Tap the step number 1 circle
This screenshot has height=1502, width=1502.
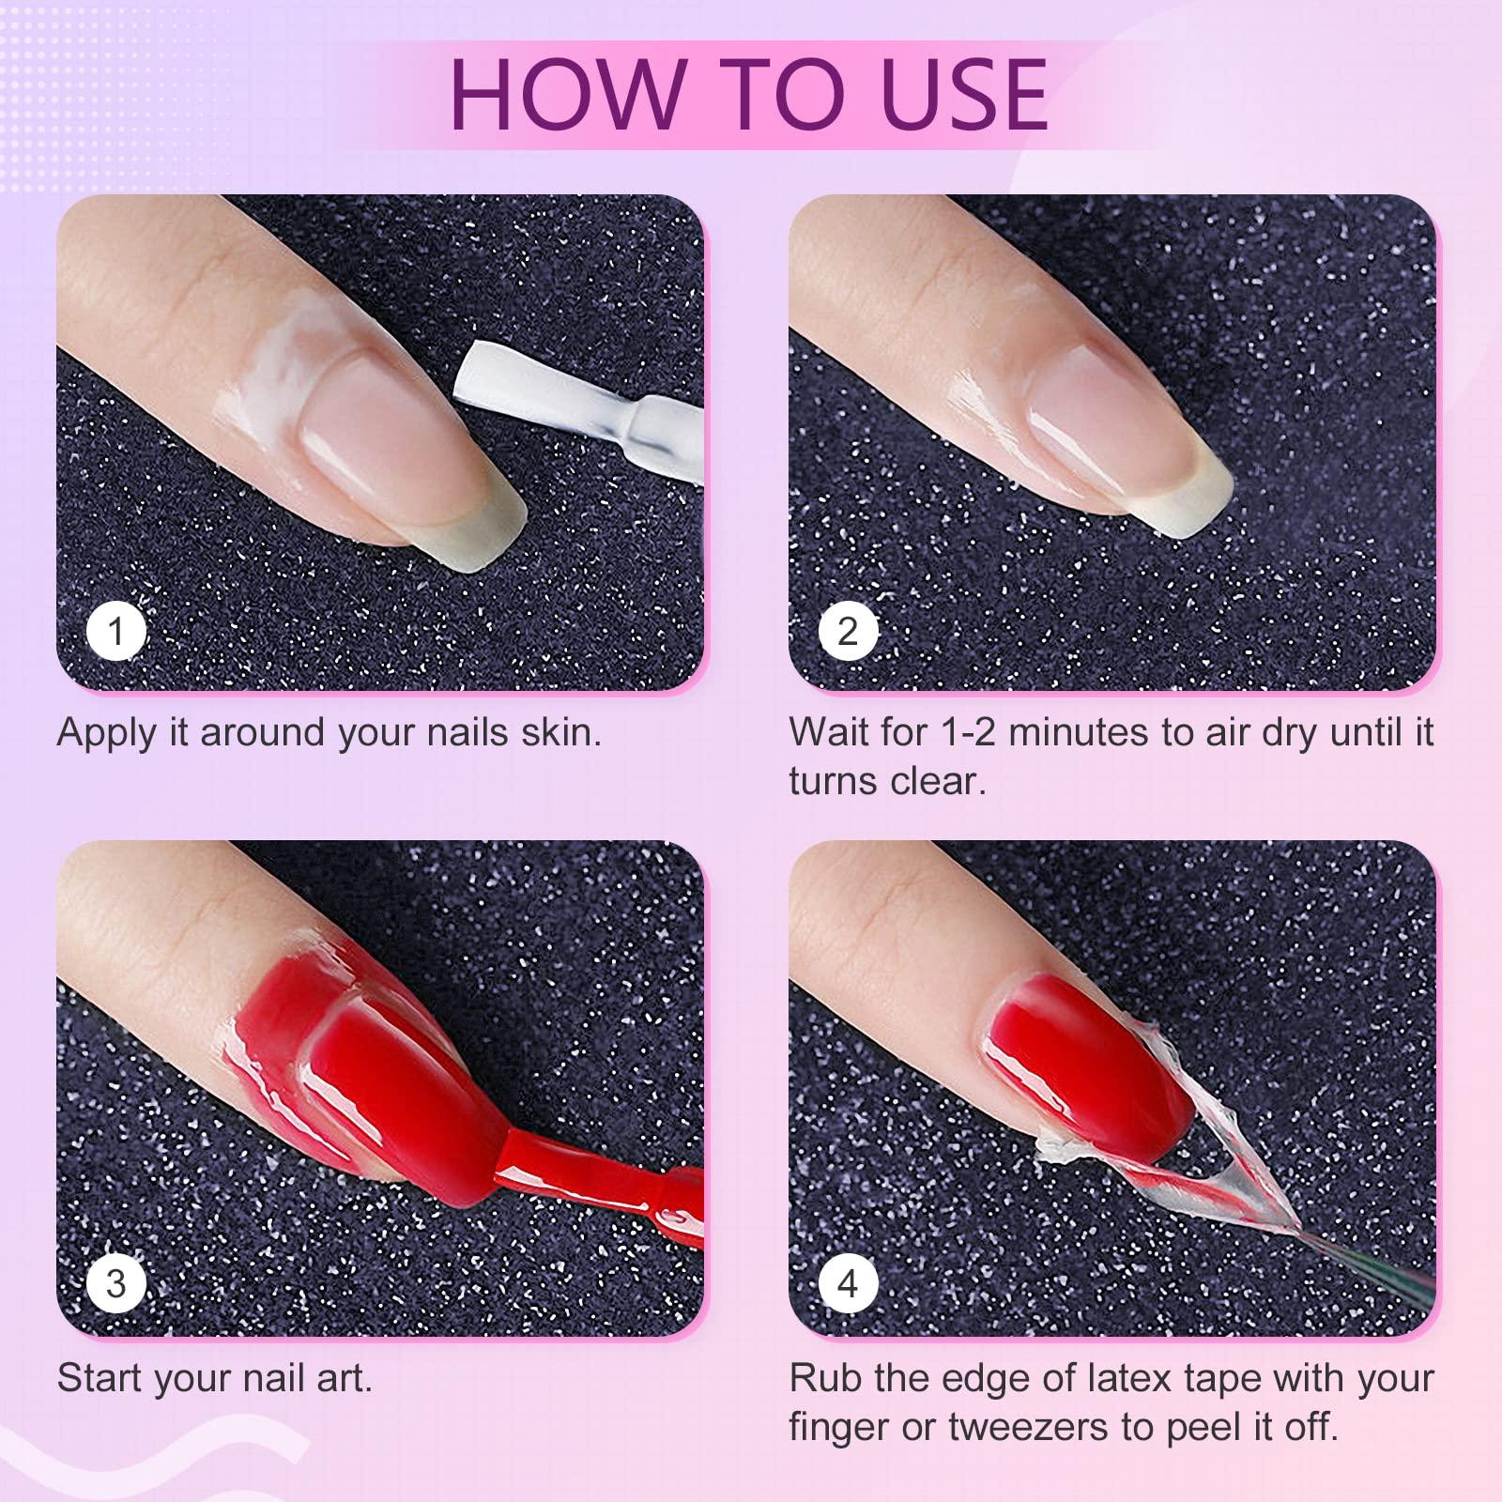coord(116,631)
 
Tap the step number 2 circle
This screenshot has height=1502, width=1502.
coord(848,631)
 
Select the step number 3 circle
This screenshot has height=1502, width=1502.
coord(116,1282)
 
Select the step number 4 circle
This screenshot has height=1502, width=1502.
coord(848,1282)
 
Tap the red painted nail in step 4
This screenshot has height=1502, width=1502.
coord(1080,1061)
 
